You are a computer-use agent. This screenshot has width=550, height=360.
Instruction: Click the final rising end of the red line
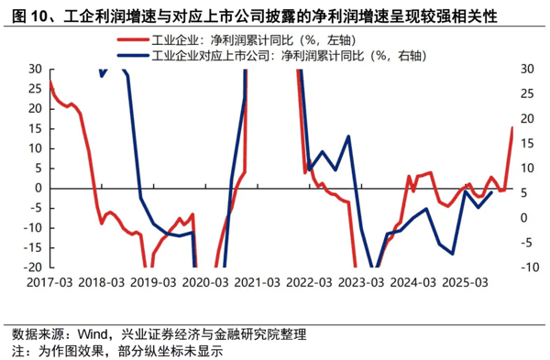(x=511, y=128)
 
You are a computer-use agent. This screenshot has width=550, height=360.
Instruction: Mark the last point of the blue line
(x=491, y=192)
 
